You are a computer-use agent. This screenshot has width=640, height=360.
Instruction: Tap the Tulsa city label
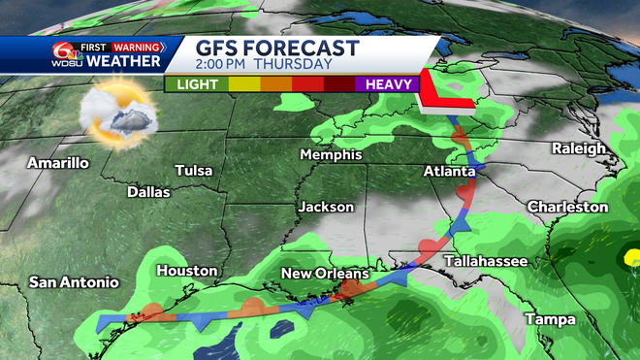[x=194, y=171]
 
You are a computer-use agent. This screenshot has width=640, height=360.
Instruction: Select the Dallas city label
[x=148, y=192]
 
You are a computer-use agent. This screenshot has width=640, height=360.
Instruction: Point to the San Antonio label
[x=74, y=282]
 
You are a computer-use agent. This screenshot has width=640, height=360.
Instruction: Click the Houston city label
[x=186, y=271]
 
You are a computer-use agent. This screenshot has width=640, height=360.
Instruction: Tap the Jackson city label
[x=325, y=207]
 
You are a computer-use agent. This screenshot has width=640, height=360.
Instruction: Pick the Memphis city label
[x=331, y=155]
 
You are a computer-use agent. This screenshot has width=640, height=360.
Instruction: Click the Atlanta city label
[x=450, y=171]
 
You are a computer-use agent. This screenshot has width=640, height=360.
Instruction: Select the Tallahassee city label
[x=485, y=262]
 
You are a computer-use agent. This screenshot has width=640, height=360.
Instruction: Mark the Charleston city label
[x=567, y=208]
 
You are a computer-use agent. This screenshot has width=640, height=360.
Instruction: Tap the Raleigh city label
[x=579, y=148]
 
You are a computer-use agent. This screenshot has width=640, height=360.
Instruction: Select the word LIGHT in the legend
[x=197, y=84]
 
